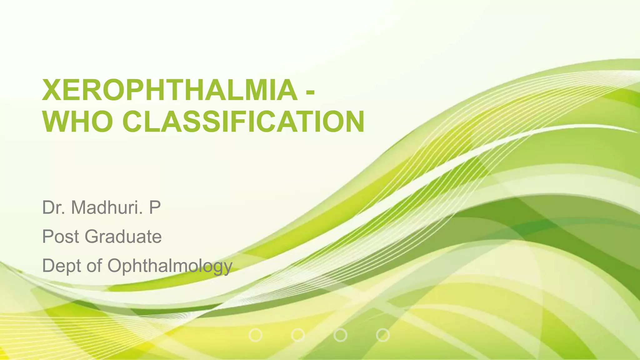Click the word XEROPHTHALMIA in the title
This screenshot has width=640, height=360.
point(170,90)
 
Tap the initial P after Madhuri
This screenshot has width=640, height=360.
point(155,207)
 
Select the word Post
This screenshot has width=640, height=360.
point(61,237)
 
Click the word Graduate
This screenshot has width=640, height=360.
point(123,237)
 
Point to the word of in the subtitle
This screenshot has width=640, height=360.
point(94,266)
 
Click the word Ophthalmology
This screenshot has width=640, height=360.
point(170,267)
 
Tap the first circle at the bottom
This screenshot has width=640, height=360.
point(256,335)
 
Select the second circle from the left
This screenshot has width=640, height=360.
point(298,335)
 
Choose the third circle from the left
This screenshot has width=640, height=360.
point(340,335)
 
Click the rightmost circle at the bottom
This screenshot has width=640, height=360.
point(383,335)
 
